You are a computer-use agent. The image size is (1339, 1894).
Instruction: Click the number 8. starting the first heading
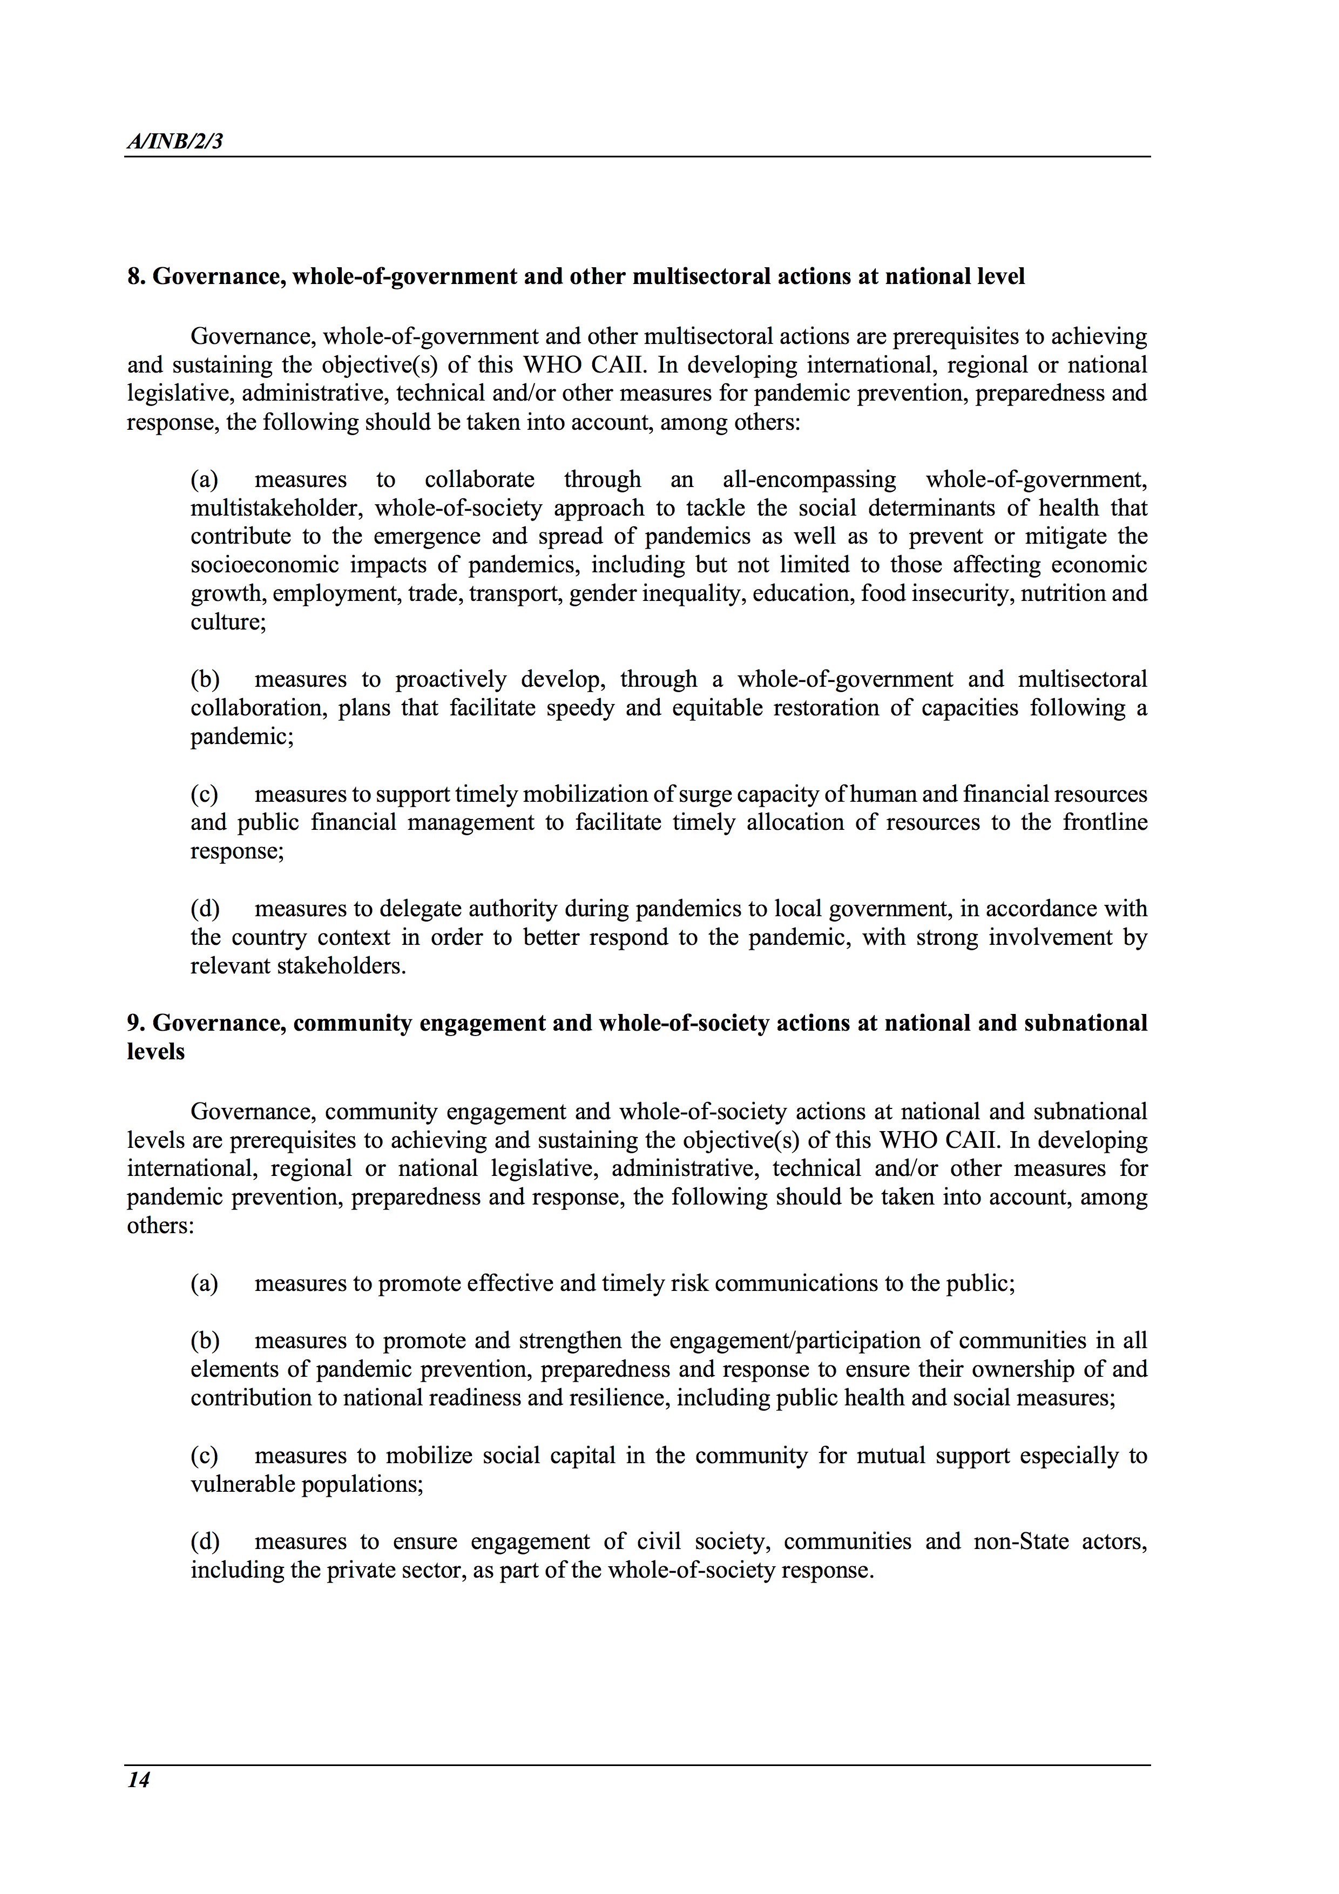point(136,276)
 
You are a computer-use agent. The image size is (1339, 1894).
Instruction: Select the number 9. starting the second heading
point(136,1023)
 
